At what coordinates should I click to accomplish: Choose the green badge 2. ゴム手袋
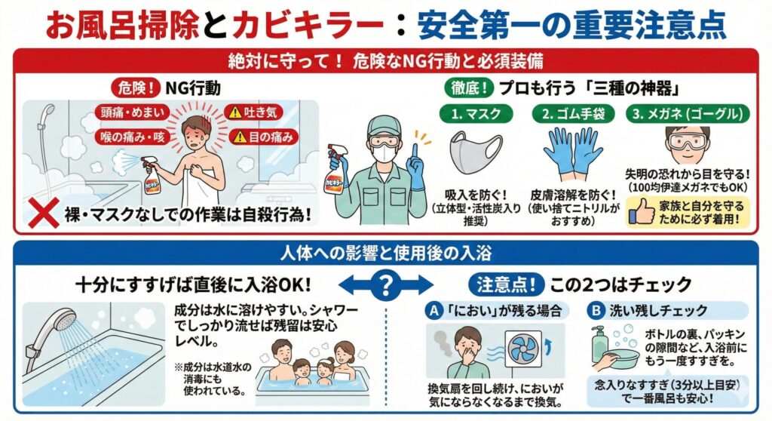(x=575, y=114)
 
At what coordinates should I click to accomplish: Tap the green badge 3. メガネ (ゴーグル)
(x=689, y=114)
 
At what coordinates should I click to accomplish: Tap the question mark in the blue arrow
(x=385, y=284)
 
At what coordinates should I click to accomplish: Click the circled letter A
(x=433, y=310)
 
